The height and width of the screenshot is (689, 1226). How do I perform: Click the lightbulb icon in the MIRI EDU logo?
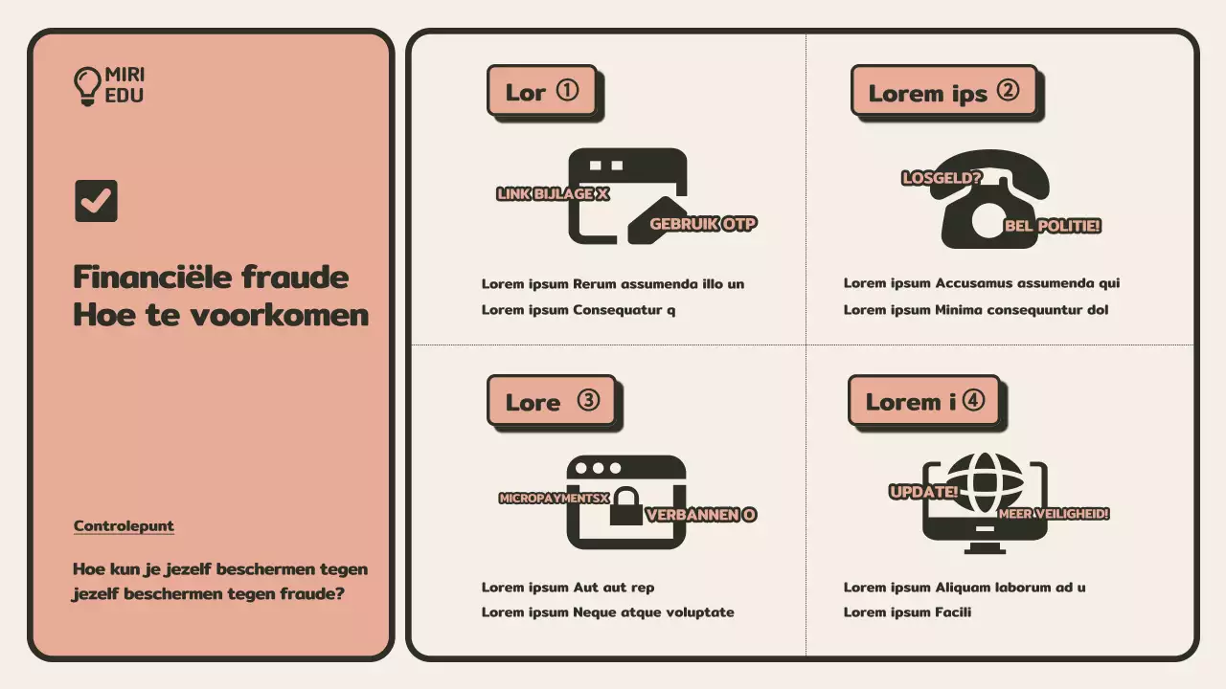click(87, 86)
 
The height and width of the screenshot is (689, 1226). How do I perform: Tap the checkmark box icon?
click(97, 201)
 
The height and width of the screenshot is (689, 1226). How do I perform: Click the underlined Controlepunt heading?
click(124, 525)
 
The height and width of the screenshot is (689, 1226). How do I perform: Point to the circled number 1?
click(568, 90)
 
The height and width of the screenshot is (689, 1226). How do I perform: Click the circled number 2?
click(1008, 90)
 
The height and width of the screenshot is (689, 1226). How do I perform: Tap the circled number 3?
click(588, 400)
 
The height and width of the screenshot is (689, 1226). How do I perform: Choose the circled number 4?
click(973, 400)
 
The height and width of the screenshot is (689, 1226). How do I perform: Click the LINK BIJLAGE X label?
click(553, 193)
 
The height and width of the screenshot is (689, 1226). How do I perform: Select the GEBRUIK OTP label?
click(703, 224)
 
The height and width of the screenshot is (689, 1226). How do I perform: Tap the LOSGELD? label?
click(942, 178)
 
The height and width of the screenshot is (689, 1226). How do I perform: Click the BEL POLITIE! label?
click(1053, 226)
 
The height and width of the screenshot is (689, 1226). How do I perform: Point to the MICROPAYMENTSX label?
click(554, 499)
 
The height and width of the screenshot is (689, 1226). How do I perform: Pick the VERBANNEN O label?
click(701, 515)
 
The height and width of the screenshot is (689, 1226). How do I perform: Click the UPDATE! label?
click(924, 492)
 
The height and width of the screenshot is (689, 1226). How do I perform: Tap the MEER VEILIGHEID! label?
click(1054, 514)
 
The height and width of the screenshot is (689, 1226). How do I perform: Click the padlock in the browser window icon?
click(626, 506)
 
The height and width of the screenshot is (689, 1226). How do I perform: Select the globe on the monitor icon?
click(985, 482)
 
